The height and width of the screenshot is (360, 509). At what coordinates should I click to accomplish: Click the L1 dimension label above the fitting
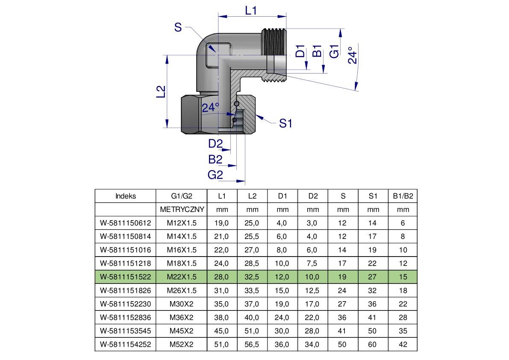(251, 10)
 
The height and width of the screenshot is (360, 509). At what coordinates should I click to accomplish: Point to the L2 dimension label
(161, 91)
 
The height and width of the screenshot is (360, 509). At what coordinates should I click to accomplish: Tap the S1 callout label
(285, 124)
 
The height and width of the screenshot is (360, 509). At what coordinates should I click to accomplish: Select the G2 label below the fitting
(215, 174)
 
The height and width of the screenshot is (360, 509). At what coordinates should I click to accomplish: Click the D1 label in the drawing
(300, 51)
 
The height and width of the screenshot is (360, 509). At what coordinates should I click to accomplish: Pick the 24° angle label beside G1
(352, 55)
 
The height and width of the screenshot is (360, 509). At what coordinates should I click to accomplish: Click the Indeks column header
(126, 196)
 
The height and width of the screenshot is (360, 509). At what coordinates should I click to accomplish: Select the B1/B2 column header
(403, 196)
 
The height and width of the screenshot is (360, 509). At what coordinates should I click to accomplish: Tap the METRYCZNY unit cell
(182, 210)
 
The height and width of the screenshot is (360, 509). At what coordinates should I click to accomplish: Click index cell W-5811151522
(126, 277)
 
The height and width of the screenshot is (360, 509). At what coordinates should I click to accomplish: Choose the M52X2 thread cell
(182, 344)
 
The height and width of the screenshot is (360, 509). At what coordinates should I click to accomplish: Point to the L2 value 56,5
(252, 344)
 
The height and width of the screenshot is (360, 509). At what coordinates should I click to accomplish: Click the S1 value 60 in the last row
(373, 344)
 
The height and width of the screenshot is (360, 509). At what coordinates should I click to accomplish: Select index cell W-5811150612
(126, 223)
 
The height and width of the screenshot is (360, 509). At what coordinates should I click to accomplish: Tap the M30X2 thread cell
(182, 304)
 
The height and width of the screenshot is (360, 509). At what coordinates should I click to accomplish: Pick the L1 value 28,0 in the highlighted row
(221, 277)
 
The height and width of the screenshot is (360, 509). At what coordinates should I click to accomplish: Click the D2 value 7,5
(312, 263)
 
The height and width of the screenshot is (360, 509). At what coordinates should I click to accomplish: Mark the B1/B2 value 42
(403, 344)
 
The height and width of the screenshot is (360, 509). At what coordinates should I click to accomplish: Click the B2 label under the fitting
(215, 159)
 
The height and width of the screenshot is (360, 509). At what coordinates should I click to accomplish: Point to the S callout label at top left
(178, 28)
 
